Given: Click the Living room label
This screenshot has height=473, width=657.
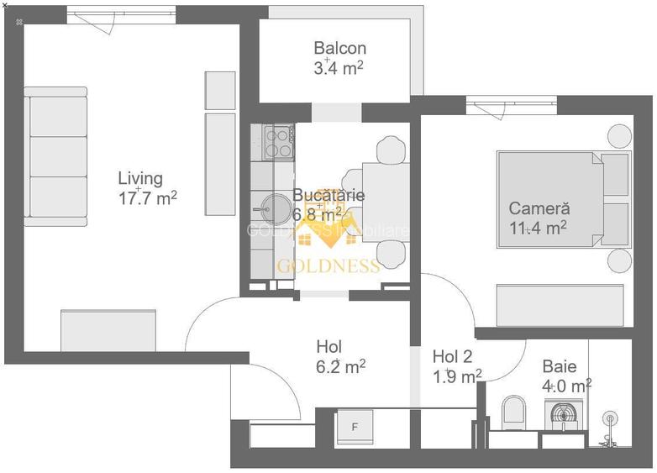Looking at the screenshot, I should click(x=139, y=178).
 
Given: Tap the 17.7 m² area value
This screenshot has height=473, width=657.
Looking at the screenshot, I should click(x=148, y=197).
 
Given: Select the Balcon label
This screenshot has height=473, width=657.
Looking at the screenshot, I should click(x=339, y=49).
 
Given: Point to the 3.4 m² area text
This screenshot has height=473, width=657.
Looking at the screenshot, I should click(x=339, y=68).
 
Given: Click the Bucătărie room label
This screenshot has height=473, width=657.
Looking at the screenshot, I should click(x=328, y=195).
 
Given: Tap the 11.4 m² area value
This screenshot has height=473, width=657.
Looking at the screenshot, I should click(x=538, y=227).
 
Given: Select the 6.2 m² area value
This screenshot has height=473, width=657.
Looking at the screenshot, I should click(x=340, y=366).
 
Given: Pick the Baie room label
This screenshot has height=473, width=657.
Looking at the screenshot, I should click(x=559, y=366).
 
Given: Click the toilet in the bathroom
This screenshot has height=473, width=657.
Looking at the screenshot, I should click(x=512, y=411).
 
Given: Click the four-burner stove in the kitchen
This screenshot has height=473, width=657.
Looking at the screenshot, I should click(x=277, y=142).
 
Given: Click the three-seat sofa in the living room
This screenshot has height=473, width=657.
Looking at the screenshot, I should click(x=55, y=156).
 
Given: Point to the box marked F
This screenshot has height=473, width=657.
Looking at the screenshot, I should click(x=355, y=427).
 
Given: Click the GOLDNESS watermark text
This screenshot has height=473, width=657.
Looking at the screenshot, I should click(x=328, y=266).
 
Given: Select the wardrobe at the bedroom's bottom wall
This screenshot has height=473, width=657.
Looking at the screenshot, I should click(x=560, y=305).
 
